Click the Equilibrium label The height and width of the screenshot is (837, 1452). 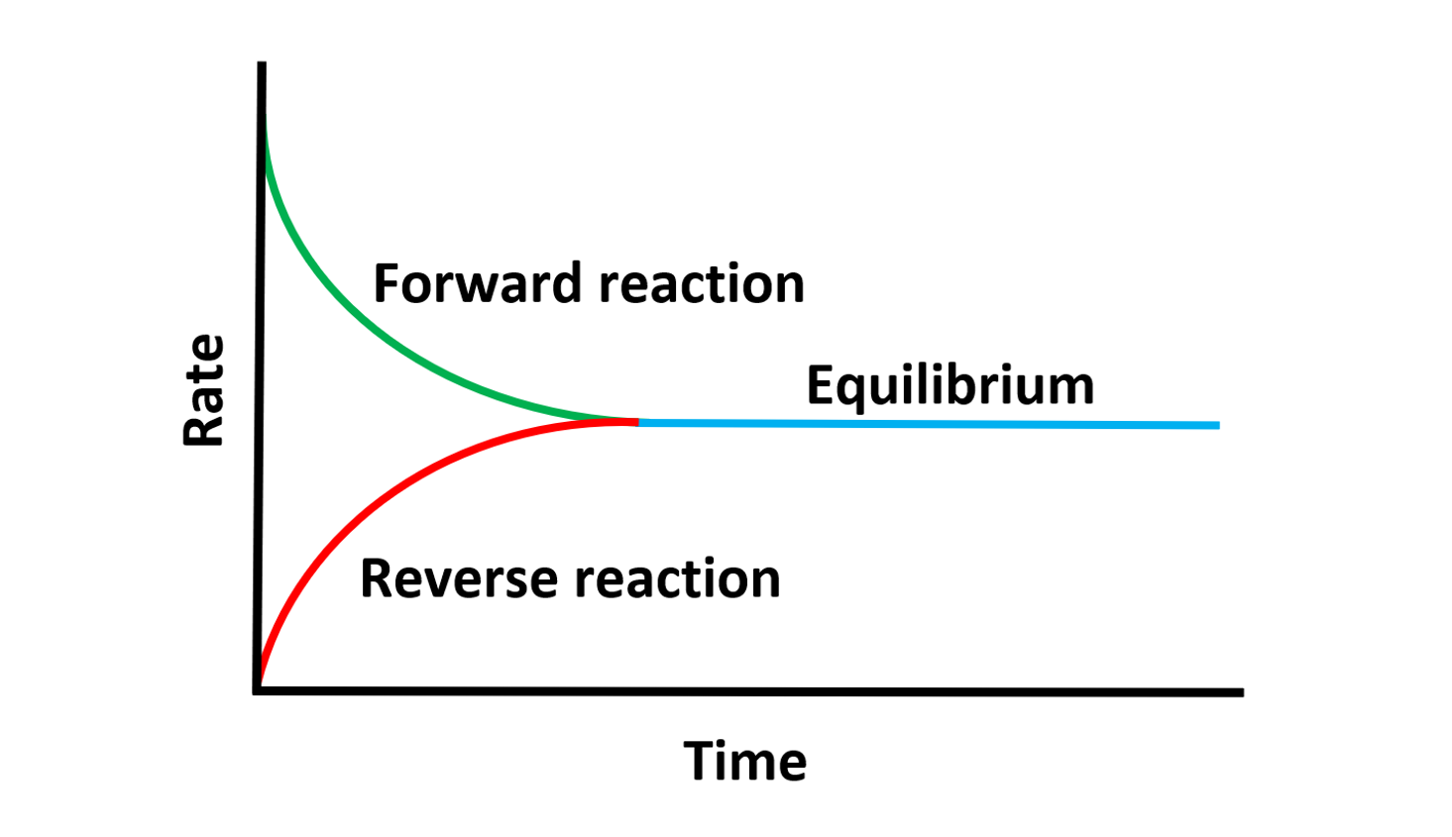click(949, 385)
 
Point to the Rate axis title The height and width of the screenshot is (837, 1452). click(205, 390)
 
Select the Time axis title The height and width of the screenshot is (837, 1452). click(745, 762)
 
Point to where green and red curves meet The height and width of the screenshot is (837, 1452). click(635, 422)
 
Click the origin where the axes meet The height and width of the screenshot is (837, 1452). click(259, 690)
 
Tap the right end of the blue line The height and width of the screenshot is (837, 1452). click(1216, 425)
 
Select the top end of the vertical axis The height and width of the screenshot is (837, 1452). click(262, 66)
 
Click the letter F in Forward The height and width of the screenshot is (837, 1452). click(387, 284)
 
